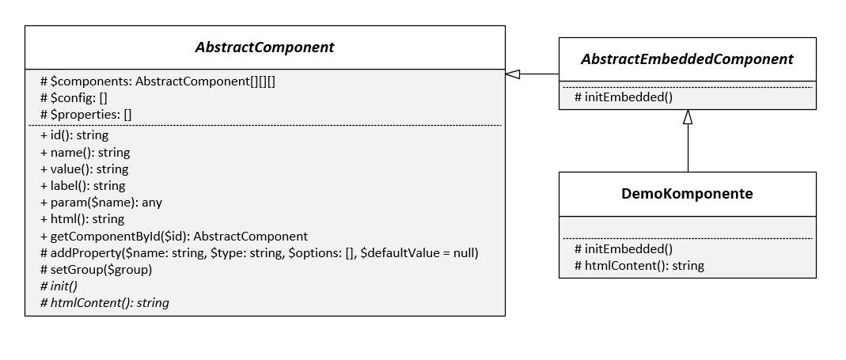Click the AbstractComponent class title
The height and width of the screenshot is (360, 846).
pyautogui.click(x=264, y=47)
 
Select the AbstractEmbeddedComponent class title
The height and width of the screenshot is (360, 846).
pyautogui.click(x=687, y=59)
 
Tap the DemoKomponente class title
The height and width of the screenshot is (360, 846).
pyautogui.click(x=687, y=194)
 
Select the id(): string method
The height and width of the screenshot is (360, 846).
pyautogui.click(x=74, y=135)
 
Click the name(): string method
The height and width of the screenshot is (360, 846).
pyautogui.click(x=85, y=152)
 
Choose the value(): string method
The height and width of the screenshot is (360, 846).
pyautogui.click(x=84, y=169)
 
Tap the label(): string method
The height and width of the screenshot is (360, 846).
pyautogui.click(x=82, y=185)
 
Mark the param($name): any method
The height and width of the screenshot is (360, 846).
pyautogui.click(x=101, y=202)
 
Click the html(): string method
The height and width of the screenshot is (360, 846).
pyautogui.click(x=82, y=219)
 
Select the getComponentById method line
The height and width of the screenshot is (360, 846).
pyautogui.click(x=173, y=236)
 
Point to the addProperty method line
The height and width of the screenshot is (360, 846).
pyautogui.click(x=259, y=252)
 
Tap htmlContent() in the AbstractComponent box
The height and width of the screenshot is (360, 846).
pyautogui.click(x=104, y=302)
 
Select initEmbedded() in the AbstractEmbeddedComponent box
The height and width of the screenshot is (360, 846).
pyautogui.click(x=624, y=97)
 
